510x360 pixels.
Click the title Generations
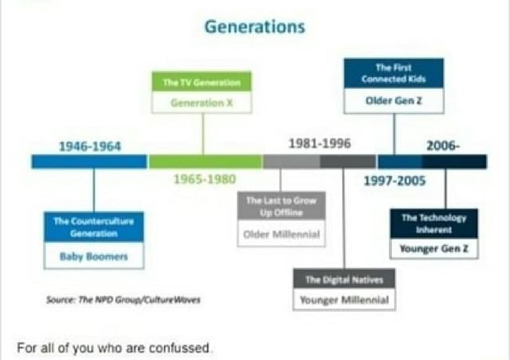(x=254, y=26)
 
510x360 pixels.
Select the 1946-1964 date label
(x=90, y=146)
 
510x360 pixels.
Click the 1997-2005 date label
(x=394, y=181)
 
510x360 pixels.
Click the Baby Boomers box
(x=93, y=256)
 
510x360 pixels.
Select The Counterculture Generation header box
(x=93, y=227)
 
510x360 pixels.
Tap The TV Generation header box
(x=202, y=82)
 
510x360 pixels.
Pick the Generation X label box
(x=202, y=103)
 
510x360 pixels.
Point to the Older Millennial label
(x=281, y=234)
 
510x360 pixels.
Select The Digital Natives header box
(x=343, y=280)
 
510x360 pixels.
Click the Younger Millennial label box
(x=343, y=300)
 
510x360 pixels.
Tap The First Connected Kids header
(x=394, y=73)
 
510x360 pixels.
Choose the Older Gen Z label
(x=394, y=100)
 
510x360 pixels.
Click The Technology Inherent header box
(x=433, y=223)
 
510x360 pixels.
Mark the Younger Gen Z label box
(x=433, y=248)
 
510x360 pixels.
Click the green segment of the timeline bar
(x=205, y=162)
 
